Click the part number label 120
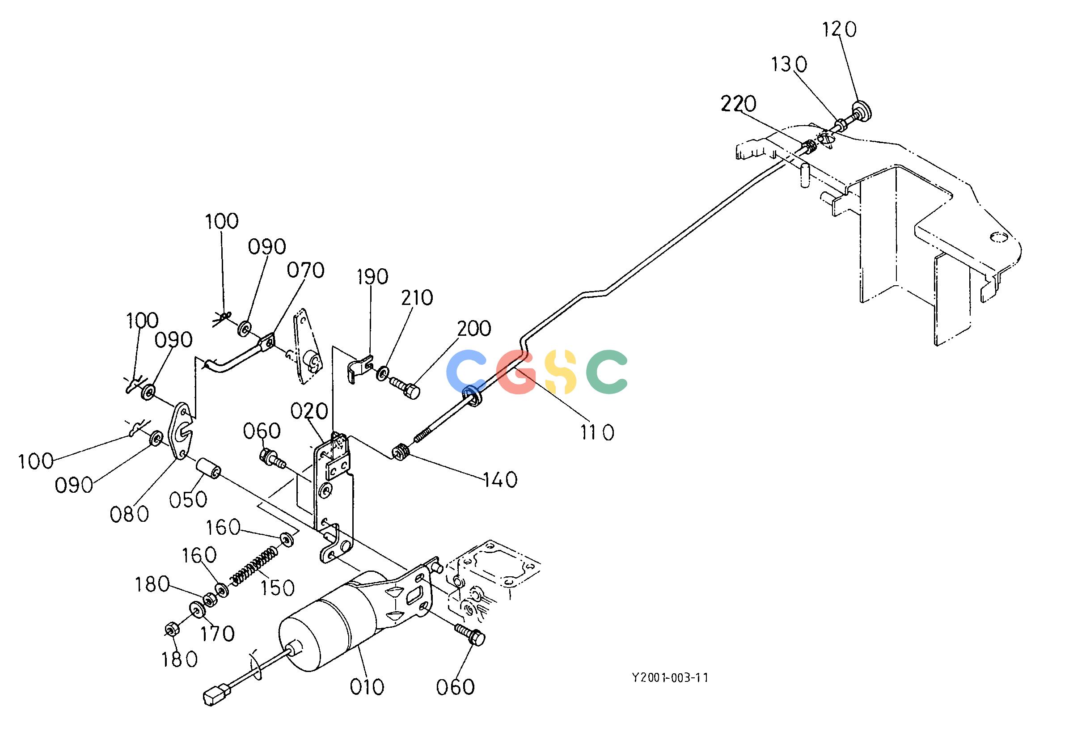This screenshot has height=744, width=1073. click(x=839, y=30)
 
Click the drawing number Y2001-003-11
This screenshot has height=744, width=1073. click(x=670, y=678)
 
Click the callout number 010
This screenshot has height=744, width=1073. click(x=368, y=687)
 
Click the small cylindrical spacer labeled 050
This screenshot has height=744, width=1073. click(x=208, y=469)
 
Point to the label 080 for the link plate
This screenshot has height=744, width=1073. click(x=130, y=514)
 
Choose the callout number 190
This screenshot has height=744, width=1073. click(x=373, y=277)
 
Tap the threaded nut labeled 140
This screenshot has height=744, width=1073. click(x=400, y=452)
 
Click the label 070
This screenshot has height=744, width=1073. click(x=306, y=271)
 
